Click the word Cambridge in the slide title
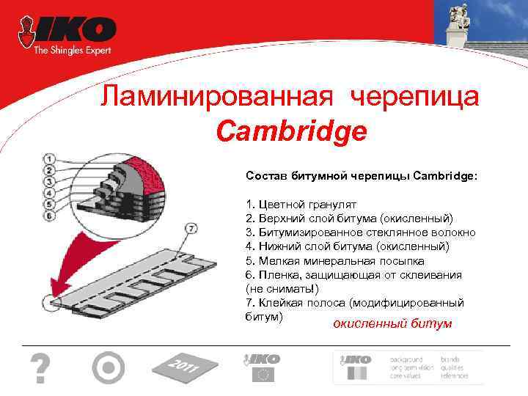click(x=292, y=131)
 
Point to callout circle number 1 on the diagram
click(x=48, y=158)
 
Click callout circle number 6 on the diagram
click(x=48, y=216)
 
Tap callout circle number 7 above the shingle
click(x=192, y=228)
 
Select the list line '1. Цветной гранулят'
click(x=292, y=205)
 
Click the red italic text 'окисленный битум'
click(x=392, y=323)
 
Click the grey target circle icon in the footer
click(x=109, y=367)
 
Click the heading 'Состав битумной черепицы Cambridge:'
click(x=361, y=176)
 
